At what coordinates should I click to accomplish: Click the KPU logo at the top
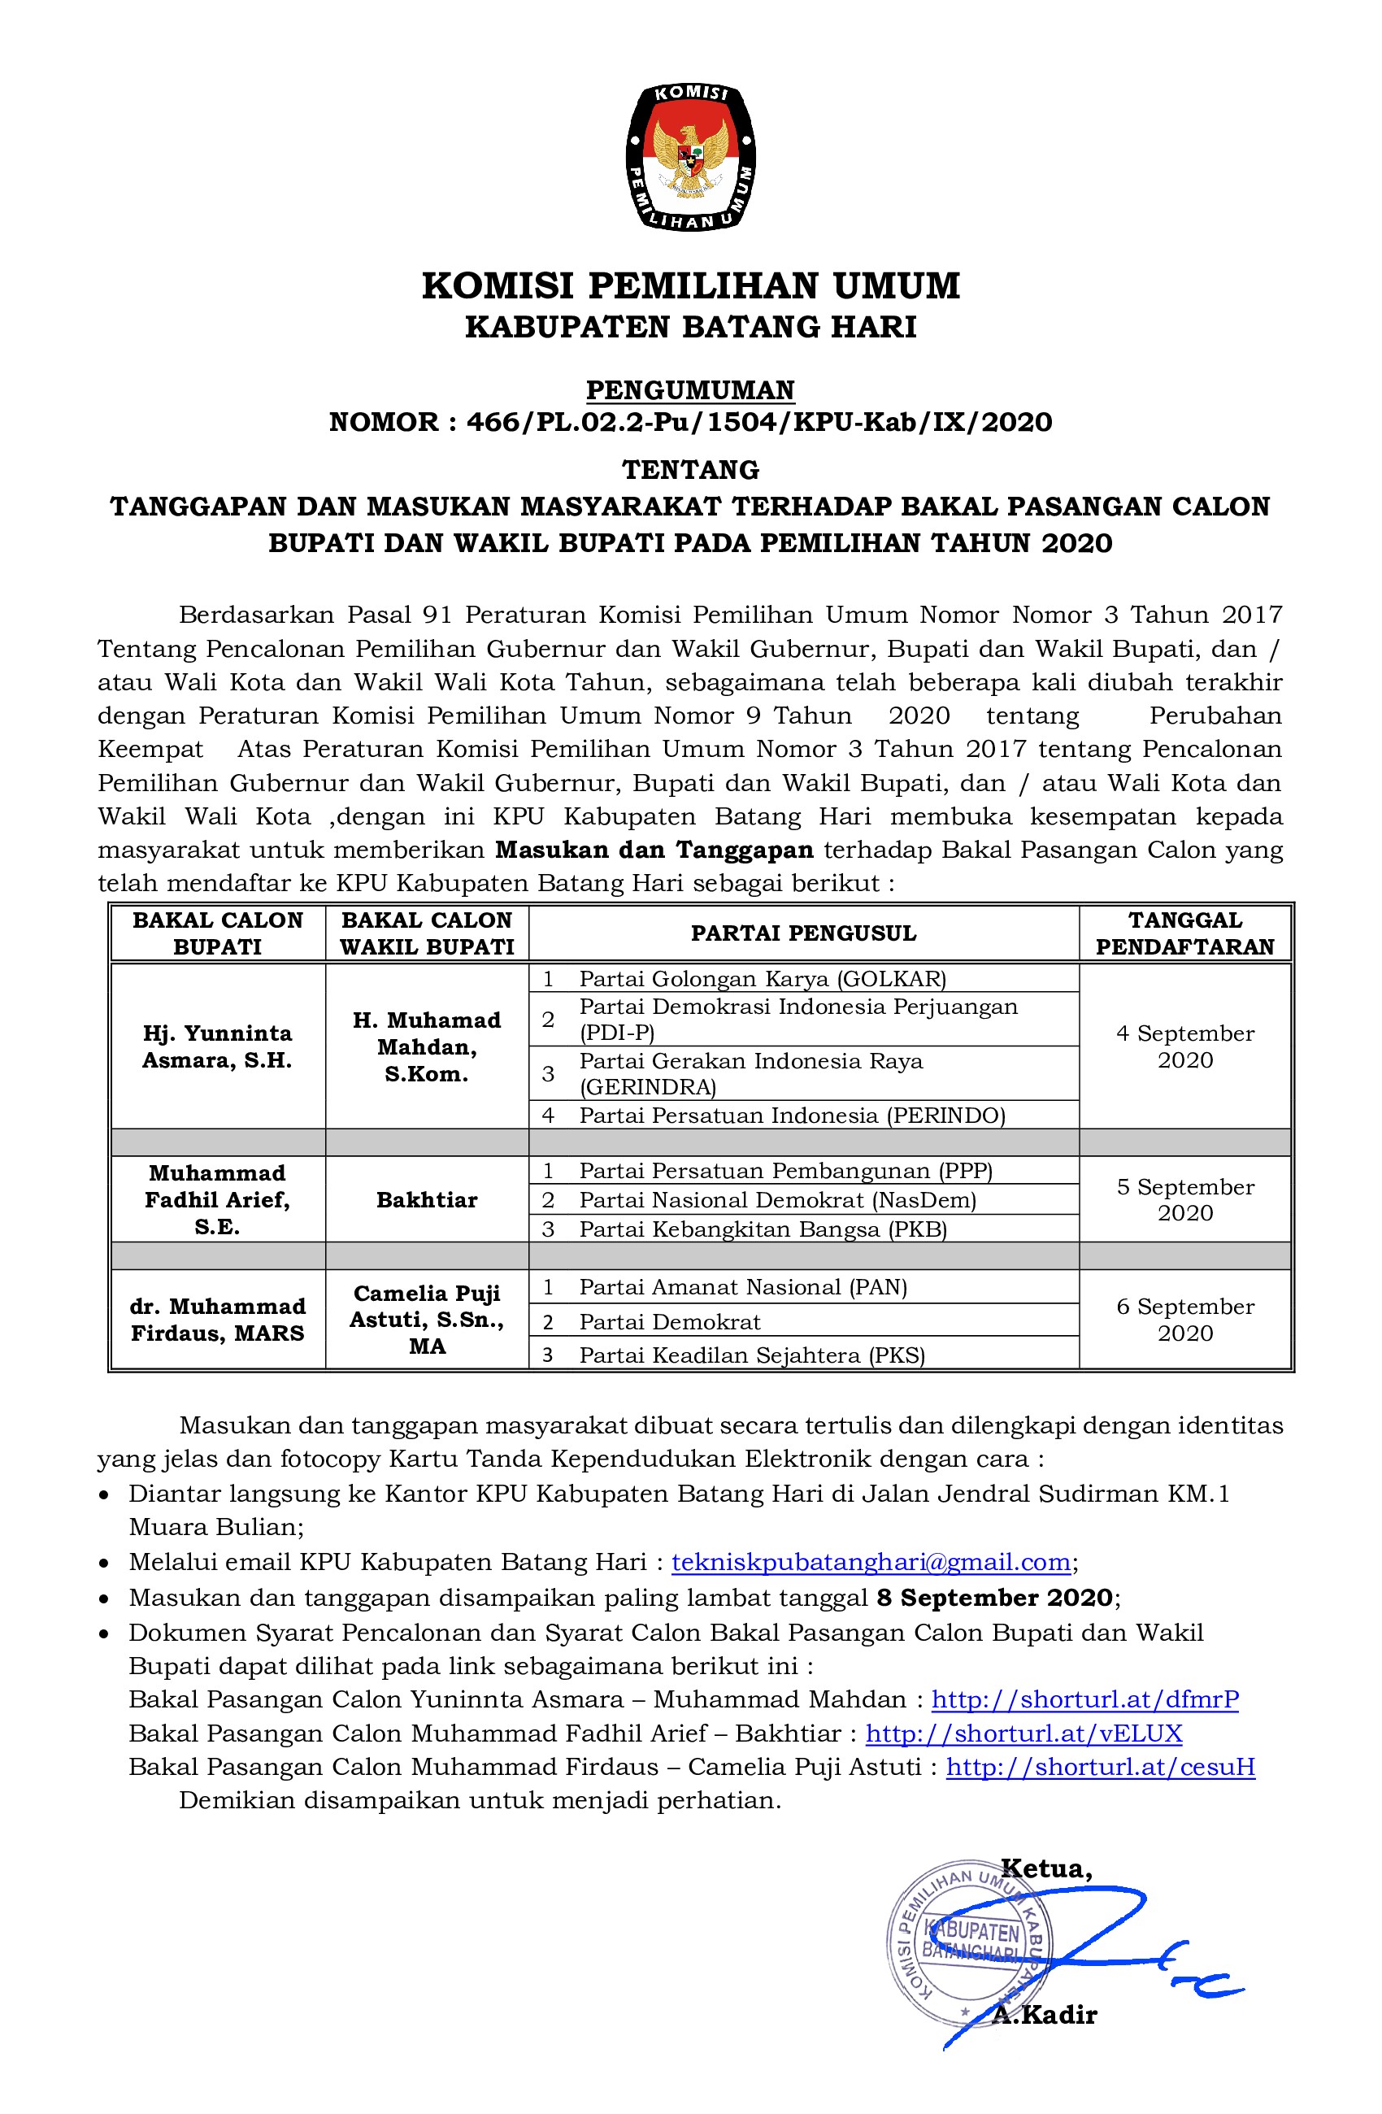(690, 157)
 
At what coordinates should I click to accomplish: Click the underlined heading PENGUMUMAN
(690, 390)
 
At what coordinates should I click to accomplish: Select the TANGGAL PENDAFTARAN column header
(1184, 933)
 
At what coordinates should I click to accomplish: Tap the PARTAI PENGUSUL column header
(803, 933)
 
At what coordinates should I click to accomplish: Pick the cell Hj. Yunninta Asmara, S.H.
(218, 1046)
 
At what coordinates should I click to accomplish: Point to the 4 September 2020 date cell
(1184, 1046)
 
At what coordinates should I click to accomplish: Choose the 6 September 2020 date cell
(1184, 1319)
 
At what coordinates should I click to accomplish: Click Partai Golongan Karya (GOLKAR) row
(762, 979)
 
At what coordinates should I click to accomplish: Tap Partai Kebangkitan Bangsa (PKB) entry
(762, 1229)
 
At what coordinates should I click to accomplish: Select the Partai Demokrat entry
(670, 1322)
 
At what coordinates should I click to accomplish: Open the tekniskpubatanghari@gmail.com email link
(871, 1563)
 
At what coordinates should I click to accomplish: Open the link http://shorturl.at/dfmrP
(1084, 1699)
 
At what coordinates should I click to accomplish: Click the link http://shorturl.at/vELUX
(1023, 1733)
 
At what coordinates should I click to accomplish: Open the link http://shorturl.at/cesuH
(1101, 1767)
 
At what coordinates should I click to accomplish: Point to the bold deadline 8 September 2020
(994, 1598)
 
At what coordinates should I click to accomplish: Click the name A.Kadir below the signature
(1045, 2015)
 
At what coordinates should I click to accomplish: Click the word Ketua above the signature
(1046, 1868)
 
